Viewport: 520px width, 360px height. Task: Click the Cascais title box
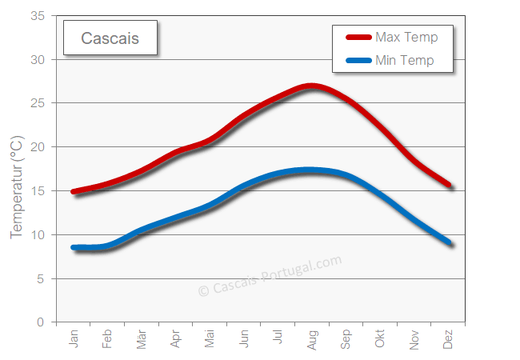point(110,38)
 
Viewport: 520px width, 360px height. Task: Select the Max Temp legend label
point(406,38)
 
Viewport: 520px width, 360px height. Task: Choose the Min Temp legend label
point(405,60)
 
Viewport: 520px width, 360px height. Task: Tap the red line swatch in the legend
point(358,38)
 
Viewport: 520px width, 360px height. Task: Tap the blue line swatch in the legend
point(358,60)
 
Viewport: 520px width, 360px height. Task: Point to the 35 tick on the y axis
point(38,16)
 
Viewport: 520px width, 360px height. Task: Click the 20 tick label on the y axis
point(38,147)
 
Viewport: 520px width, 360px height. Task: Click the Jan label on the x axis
point(74,339)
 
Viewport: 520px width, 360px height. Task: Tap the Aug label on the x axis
point(312,339)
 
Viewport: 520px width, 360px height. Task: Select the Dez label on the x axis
point(448,339)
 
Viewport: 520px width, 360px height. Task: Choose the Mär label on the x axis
point(142,339)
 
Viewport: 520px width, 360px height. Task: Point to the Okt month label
point(380,339)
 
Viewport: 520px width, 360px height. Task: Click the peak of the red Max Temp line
point(311,86)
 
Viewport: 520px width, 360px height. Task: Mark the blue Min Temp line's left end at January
point(74,248)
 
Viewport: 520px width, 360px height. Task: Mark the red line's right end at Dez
point(450,185)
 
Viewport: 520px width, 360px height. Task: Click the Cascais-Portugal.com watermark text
point(270,275)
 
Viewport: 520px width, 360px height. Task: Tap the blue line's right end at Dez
point(450,243)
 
